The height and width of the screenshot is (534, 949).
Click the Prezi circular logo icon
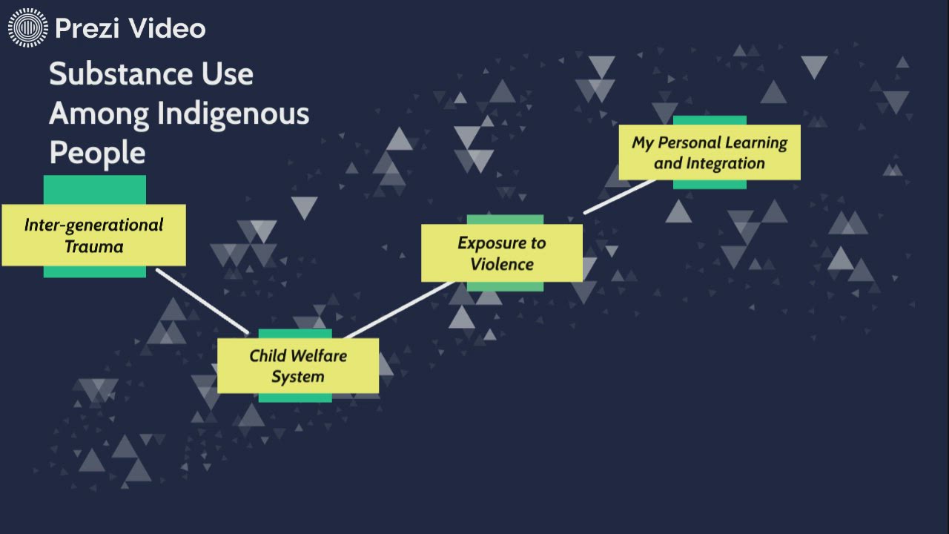pos(27,29)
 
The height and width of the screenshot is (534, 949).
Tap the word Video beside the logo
pos(166,29)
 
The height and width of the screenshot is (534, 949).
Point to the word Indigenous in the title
pos(233,114)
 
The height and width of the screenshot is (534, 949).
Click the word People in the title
pos(96,153)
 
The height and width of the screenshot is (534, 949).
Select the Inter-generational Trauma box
pos(93,235)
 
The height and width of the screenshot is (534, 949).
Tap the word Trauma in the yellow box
pos(93,247)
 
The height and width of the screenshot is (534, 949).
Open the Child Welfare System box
pos(298,366)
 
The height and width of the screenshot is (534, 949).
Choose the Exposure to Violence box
pos(501,253)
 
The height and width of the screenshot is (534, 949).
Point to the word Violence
pos(501,264)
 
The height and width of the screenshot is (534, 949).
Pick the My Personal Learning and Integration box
pos(710,152)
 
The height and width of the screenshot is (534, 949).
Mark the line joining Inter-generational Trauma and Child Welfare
pos(202,301)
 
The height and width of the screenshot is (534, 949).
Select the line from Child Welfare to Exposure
pos(399,310)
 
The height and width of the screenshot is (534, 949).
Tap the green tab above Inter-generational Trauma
pos(94,189)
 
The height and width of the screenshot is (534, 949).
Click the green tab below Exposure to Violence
pos(505,287)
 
